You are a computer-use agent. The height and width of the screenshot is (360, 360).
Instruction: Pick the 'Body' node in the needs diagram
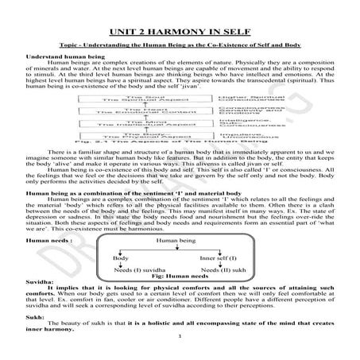(120, 281)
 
